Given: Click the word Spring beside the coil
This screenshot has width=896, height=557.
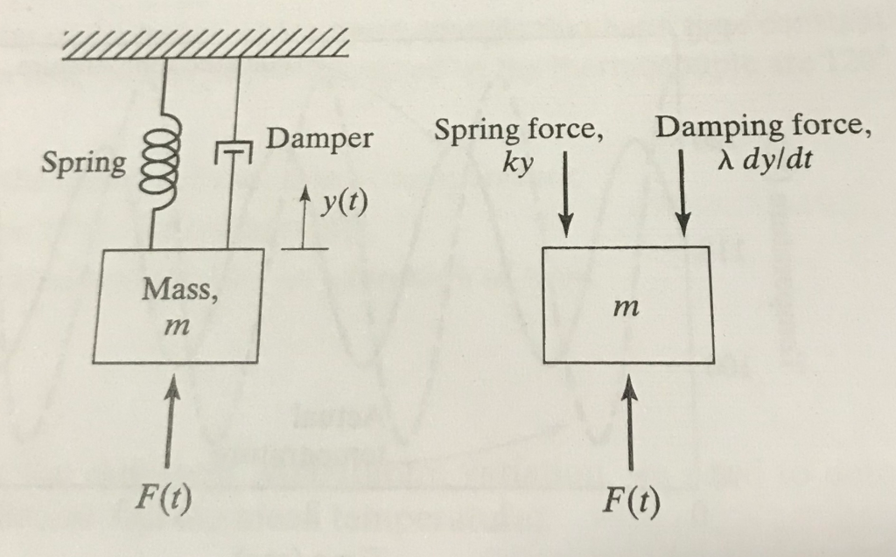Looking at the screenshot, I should [x=83, y=164].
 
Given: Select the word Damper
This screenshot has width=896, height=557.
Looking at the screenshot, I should [x=320, y=138].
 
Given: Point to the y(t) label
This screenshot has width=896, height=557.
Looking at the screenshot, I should [x=343, y=202].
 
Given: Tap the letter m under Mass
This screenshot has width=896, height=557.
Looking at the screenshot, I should [x=177, y=326].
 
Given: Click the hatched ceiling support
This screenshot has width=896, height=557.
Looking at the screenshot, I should [x=206, y=44].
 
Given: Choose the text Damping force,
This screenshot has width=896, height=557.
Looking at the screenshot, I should [x=763, y=127].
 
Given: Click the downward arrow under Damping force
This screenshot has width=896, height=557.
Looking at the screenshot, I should [x=683, y=193].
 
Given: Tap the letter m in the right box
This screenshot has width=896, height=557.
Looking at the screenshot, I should [x=625, y=307].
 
